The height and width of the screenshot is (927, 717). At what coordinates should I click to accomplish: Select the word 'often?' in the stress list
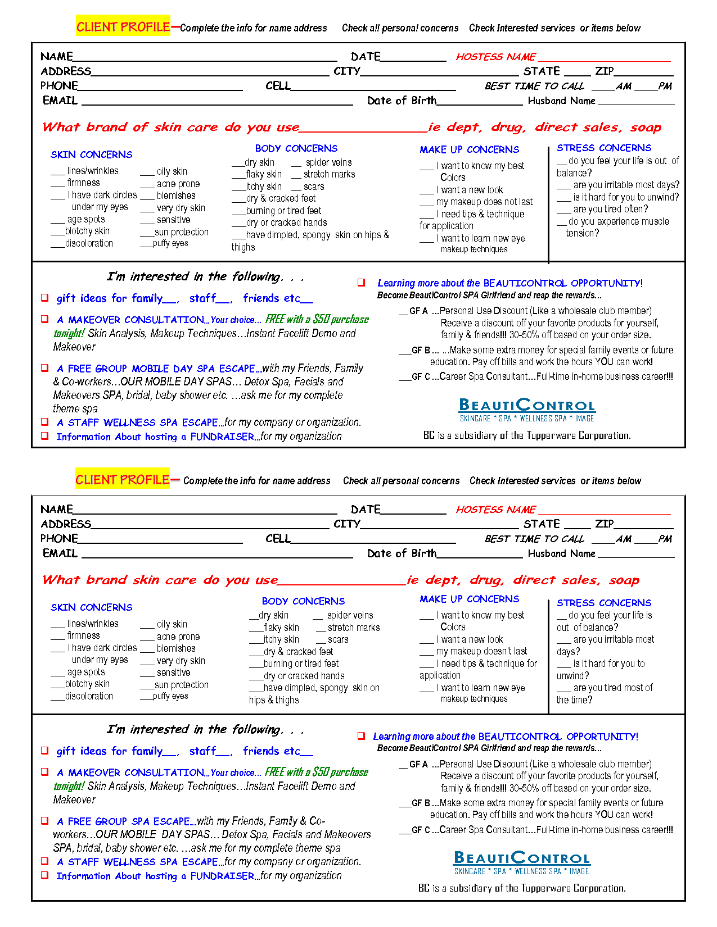634,209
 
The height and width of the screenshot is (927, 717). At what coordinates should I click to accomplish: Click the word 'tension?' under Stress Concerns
582,233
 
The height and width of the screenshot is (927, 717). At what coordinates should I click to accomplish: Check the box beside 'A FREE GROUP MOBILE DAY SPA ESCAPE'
44,368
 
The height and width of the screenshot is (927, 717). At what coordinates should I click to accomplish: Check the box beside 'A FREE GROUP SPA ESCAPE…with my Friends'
44,821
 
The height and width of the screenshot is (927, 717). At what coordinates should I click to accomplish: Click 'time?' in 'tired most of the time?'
582,700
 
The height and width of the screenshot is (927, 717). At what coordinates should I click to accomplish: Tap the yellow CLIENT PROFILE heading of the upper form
123,26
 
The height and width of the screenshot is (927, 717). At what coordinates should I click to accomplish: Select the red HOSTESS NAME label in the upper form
495,57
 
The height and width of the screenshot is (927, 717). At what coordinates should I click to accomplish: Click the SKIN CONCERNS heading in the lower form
92,607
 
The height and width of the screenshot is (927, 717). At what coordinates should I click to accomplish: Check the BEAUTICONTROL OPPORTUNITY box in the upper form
361,283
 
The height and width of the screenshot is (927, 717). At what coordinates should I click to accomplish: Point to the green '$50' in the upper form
321,319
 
